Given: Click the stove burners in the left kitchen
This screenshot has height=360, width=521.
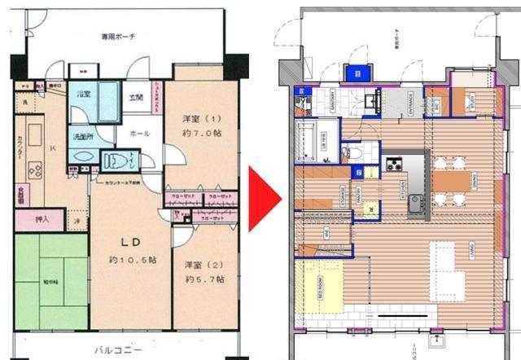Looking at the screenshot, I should pyautogui.click(x=36, y=169).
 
